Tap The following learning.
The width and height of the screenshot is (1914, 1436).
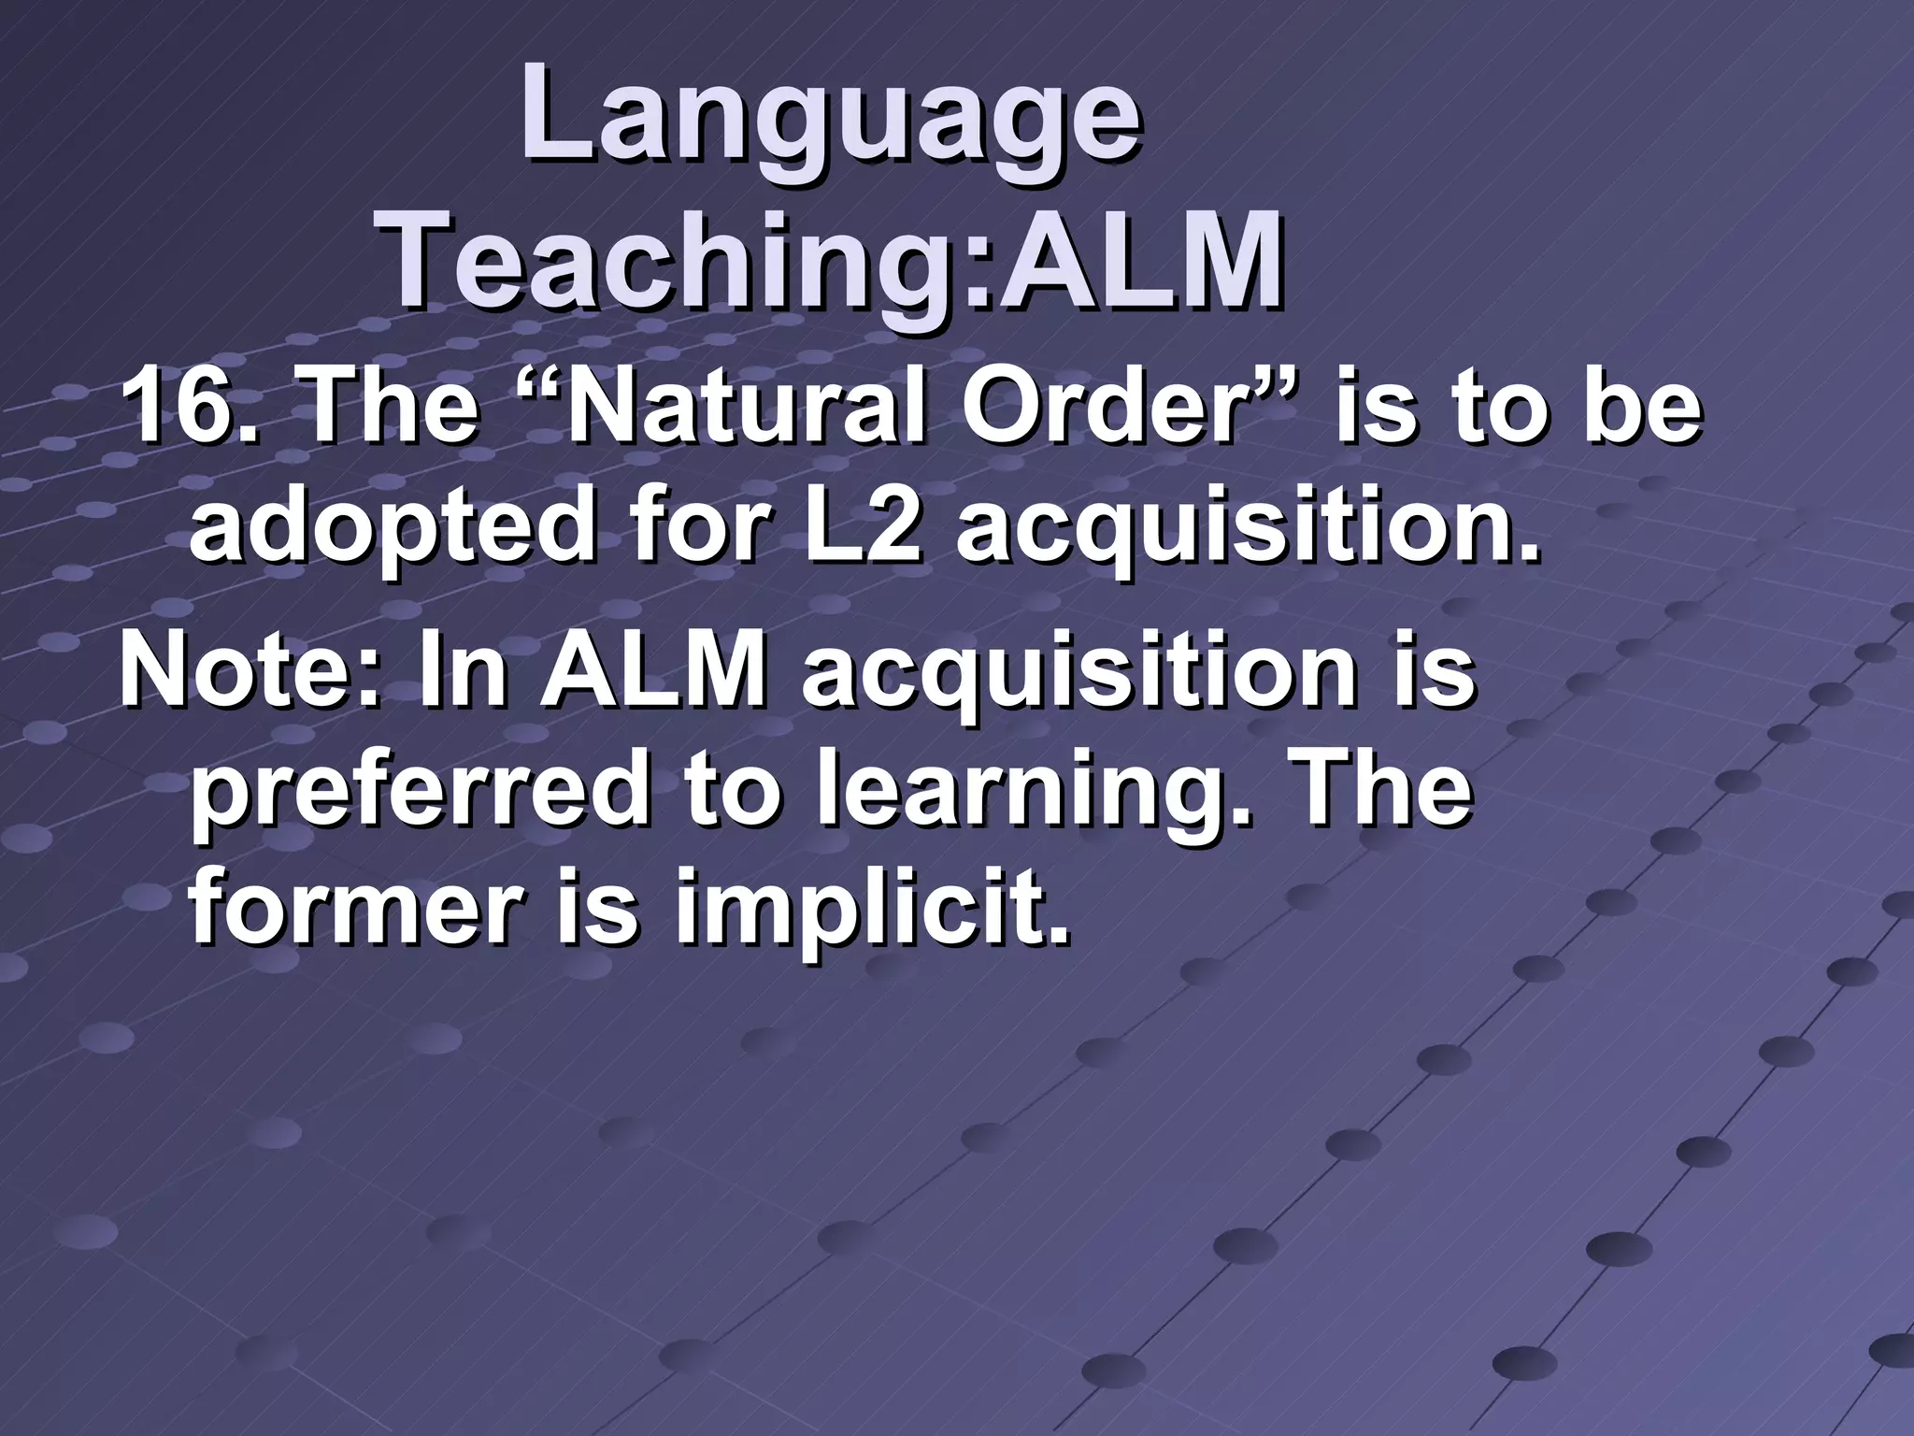1378,790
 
